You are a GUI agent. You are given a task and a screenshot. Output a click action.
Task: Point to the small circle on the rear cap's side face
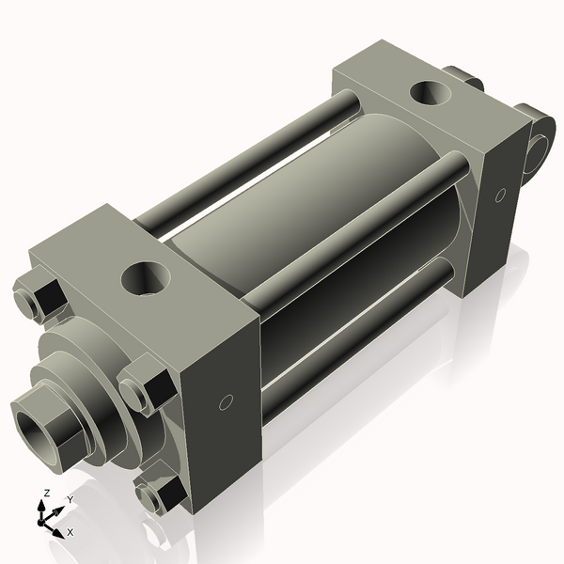(500, 195)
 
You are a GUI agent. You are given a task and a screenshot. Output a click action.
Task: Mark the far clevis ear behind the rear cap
(463, 81)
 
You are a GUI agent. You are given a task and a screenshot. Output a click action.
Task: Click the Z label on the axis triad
(46, 493)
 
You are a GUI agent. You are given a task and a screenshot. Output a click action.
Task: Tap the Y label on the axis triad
(70, 498)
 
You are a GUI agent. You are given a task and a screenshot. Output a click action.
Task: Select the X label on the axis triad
(70, 532)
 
